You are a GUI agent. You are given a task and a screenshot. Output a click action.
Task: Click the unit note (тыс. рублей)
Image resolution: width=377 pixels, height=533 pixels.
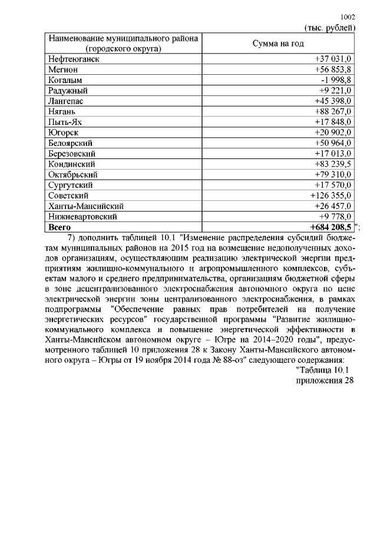click(x=329, y=28)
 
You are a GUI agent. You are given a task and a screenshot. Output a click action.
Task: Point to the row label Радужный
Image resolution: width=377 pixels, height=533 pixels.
click(x=68, y=90)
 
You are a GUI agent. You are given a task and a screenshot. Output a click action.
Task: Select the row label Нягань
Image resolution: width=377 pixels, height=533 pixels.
click(x=62, y=111)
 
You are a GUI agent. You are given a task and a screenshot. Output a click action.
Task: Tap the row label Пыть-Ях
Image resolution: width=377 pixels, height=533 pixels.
click(x=64, y=122)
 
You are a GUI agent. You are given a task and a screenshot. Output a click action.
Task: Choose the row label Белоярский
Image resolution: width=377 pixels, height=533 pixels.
click(x=71, y=143)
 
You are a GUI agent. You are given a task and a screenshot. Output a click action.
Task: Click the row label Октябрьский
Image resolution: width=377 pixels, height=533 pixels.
click(x=72, y=175)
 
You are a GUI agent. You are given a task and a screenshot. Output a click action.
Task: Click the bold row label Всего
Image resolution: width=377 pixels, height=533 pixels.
click(x=59, y=227)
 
